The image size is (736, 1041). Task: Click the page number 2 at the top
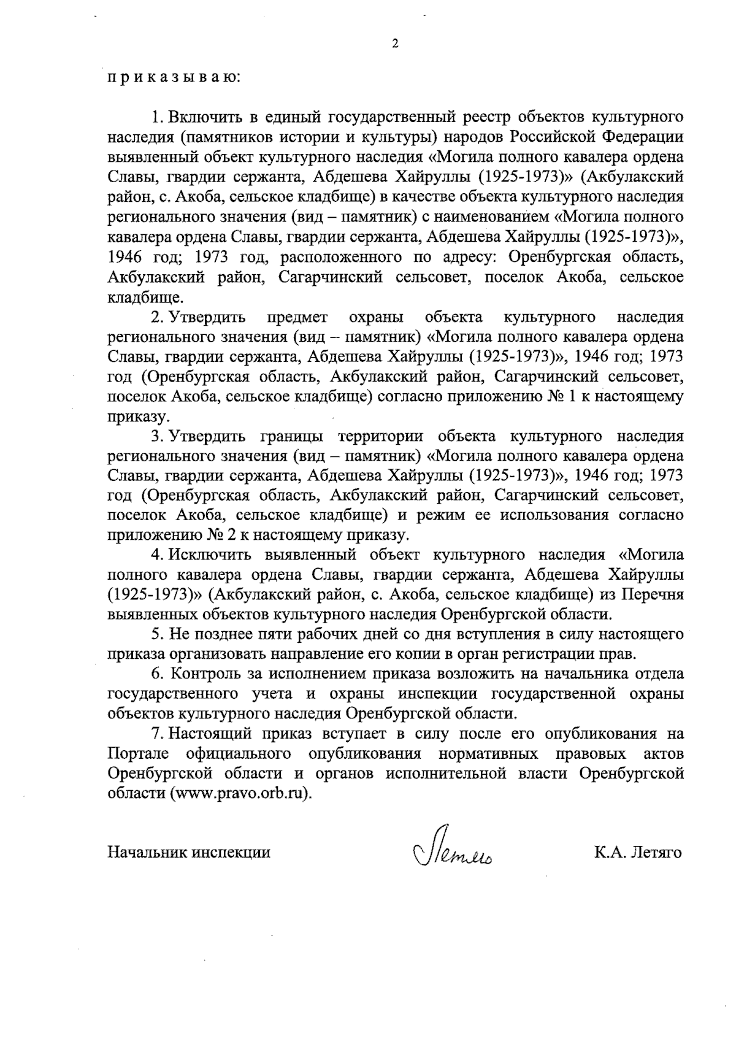(x=395, y=44)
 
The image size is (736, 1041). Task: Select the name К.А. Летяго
(x=637, y=853)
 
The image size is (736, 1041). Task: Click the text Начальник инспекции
(x=189, y=853)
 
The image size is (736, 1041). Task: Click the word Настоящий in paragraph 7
(x=210, y=734)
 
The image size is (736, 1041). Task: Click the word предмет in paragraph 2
(x=297, y=317)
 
